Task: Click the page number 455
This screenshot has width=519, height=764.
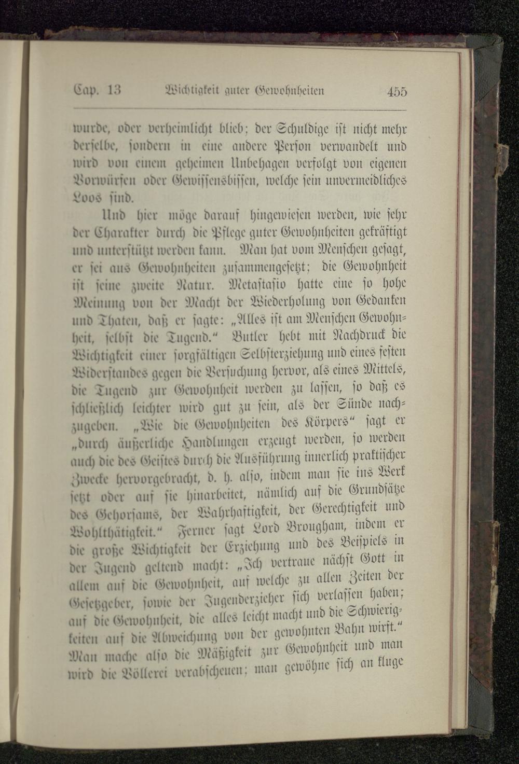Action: [x=397, y=92]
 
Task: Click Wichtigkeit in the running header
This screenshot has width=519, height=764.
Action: [x=188, y=91]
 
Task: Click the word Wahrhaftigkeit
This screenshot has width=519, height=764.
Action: [x=231, y=513]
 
